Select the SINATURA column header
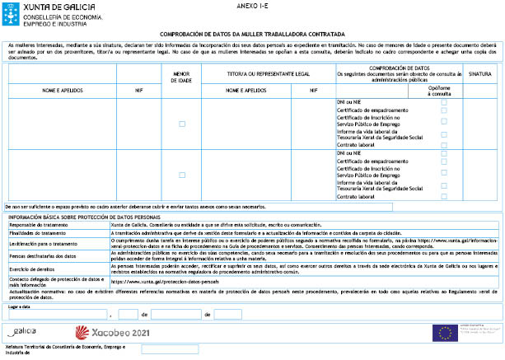(479, 73)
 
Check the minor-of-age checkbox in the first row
(182, 124)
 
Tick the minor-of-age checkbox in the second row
(182, 175)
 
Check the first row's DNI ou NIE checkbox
(444, 102)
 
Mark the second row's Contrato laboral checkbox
(444, 197)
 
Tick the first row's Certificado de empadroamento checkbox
(444, 110)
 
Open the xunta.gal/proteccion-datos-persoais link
(156, 281)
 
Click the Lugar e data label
(20, 306)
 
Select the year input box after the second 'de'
(228, 314)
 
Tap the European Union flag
(445, 333)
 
